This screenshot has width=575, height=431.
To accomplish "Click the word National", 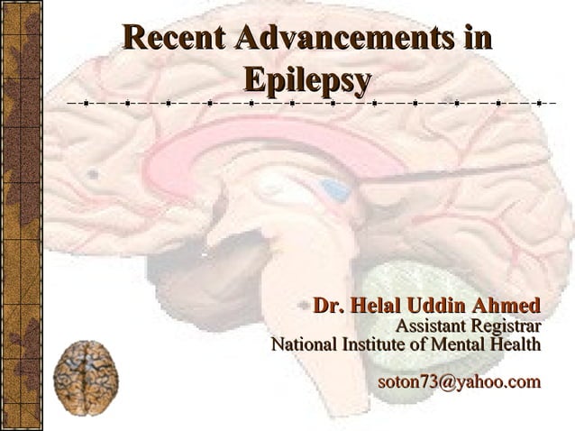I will click(304, 344).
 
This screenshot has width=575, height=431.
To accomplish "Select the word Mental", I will click(455, 344).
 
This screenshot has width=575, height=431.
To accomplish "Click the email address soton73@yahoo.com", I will click(459, 382).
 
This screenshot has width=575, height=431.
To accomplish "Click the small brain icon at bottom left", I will click(86, 378).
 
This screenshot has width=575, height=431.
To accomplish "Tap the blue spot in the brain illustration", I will click(335, 189).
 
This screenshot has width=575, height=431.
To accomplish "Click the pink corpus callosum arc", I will click(270, 135).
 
